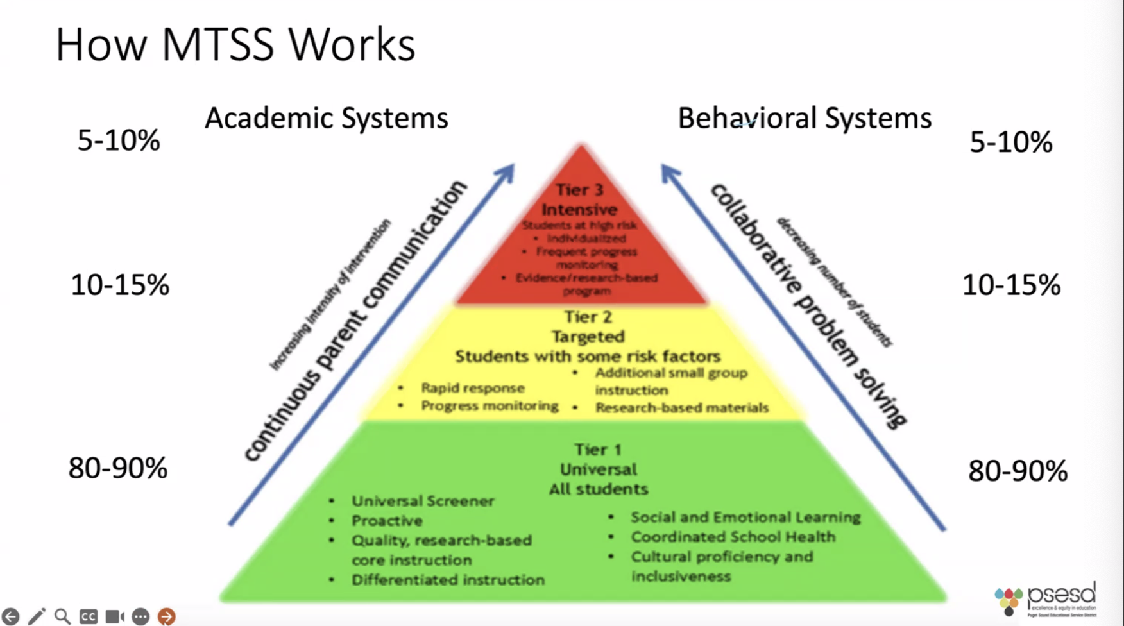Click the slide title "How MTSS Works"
235,45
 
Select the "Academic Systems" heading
327,119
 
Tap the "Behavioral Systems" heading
805,119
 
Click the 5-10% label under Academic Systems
119,140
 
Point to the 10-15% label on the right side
1011,285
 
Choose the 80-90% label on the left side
118,468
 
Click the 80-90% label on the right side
1018,471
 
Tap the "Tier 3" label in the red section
579,190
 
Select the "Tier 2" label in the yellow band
588,317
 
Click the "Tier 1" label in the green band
598,450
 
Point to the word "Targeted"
588,337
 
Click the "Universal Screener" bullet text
423,501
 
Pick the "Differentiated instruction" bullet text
448,580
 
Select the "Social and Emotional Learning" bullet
745,517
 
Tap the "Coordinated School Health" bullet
733,537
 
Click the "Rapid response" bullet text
473,388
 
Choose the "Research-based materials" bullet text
681,408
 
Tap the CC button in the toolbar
89,617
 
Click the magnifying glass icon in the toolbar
62,617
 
